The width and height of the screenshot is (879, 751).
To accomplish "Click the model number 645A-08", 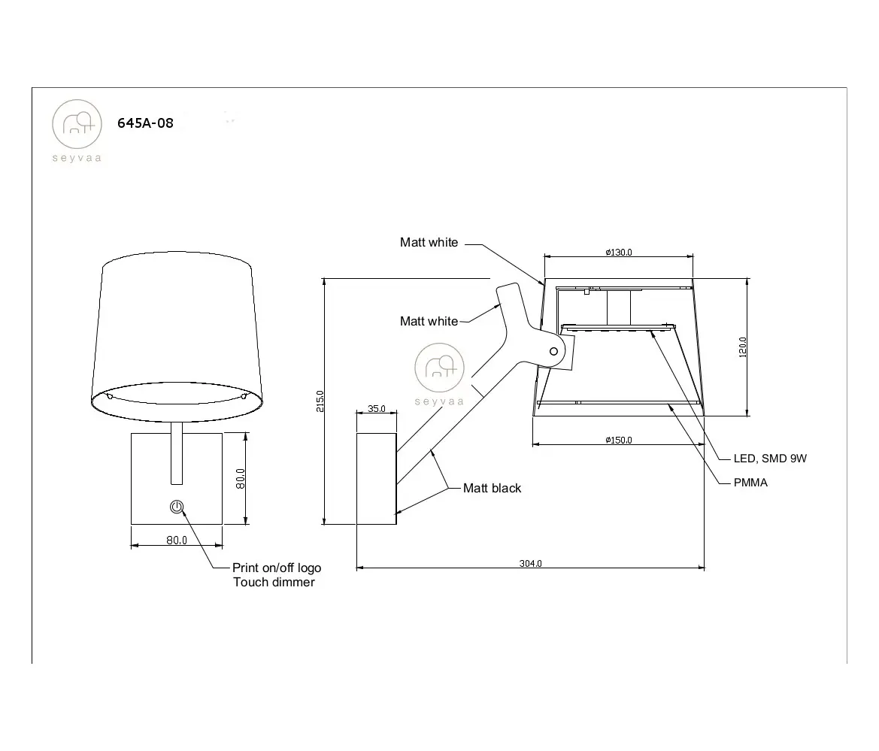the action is pyautogui.click(x=145, y=123).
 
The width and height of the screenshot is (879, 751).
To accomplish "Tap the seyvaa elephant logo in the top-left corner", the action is pyautogui.click(x=77, y=125).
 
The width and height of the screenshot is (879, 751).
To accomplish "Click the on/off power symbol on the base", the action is pyautogui.click(x=177, y=507).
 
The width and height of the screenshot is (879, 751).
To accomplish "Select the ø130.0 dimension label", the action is pyautogui.click(x=618, y=252).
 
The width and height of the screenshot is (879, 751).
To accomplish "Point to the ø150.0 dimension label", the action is pyautogui.click(x=618, y=440).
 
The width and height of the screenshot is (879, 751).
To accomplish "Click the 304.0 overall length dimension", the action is pyautogui.click(x=530, y=563).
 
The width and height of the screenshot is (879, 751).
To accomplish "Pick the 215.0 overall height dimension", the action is pyautogui.click(x=320, y=401).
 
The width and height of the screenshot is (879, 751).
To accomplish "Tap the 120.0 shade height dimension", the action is pyautogui.click(x=743, y=347).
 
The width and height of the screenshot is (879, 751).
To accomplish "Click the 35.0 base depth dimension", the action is pyautogui.click(x=377, y=408).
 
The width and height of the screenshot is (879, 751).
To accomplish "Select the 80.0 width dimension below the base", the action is pyautogui.click(x=177, y=541).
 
